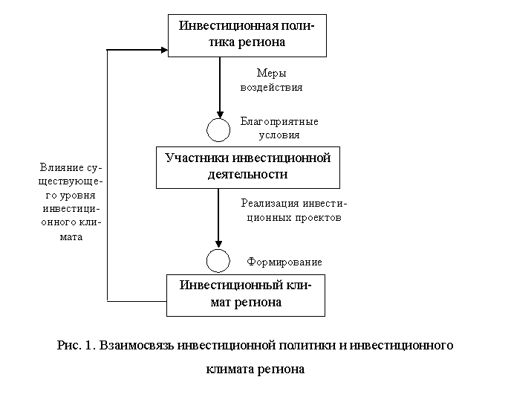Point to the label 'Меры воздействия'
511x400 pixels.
click(272, 80)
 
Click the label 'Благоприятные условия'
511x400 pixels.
click(279, 128)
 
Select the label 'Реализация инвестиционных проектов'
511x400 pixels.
click(294, 210)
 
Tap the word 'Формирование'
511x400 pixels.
click(284, 262)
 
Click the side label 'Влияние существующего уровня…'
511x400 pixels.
click(71, 202)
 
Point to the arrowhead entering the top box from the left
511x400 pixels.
click(165, 50)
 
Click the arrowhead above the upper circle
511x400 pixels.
click(220, 114)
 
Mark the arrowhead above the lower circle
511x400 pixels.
click(218, 245)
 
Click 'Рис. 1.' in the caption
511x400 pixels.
click(77, 345)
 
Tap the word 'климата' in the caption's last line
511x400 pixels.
click(230, 369)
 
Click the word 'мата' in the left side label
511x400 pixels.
click(71, 237)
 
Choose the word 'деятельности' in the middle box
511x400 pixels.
click(247, 174)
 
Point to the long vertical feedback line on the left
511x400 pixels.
click(107, 175)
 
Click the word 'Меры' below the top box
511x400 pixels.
click(272, 73)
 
